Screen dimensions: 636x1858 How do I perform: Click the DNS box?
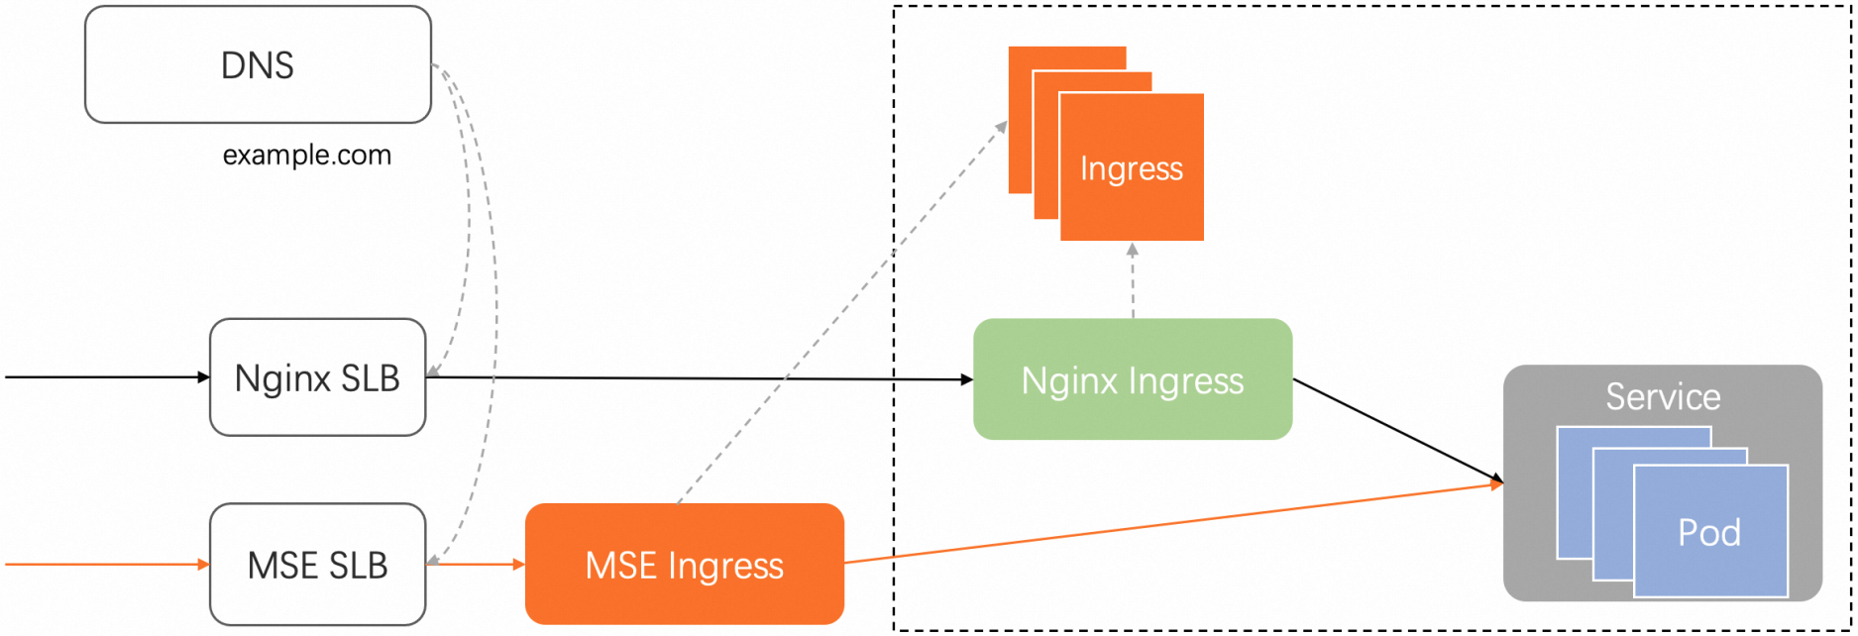pyautogui.click(x=258, y=65)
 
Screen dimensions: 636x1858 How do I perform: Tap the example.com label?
pyautogui.click(x=307, y=156)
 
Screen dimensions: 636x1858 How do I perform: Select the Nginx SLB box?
pyautogui.click(x=317, y=377)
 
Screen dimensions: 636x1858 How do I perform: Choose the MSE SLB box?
pyautogui.click(x=317, y=565)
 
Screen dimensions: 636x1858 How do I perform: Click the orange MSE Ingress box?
pyautogui.click(x=684, y=565)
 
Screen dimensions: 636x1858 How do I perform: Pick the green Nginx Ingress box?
pyautogui.click(x=1133, y=379)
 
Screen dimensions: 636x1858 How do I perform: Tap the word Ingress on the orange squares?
pyautogui.click(x=1132, y=168)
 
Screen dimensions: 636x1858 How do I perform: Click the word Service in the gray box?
pyautogui.click(x=1663, y=396)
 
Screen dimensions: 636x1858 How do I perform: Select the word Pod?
pyautogui.click(x=1709, y=533)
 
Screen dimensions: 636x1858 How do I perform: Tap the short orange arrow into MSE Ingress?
pyautogui.click(x=476, y=565)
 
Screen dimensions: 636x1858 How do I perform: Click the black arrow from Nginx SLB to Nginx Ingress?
pyautogui.click(x=694, y=378)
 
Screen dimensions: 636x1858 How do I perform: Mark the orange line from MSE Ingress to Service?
pyautogui.click(x=1169, y=524)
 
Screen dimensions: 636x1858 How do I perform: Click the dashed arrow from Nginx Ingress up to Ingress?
pyautogui.click(x=1133, y=282)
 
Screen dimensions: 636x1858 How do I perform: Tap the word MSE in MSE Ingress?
pyautogui.click(x=621, y=566)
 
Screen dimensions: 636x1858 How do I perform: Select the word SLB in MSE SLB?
pyautogui.click(x=358, y=566)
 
